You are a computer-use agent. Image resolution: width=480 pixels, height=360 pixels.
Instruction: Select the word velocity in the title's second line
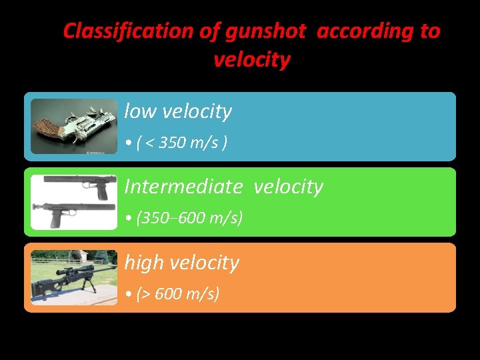[x=252, y=61]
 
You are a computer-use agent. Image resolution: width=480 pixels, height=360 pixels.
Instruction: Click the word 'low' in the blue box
[x=139, y=112]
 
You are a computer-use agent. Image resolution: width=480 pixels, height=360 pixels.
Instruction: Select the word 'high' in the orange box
[x=144, y=263]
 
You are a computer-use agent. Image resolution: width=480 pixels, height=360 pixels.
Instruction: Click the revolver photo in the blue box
[x=73, y=127]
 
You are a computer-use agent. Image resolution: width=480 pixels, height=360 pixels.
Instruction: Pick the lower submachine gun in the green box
[x=73, y=213]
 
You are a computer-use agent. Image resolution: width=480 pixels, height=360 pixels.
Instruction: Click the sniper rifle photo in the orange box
[x=73, y=277]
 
